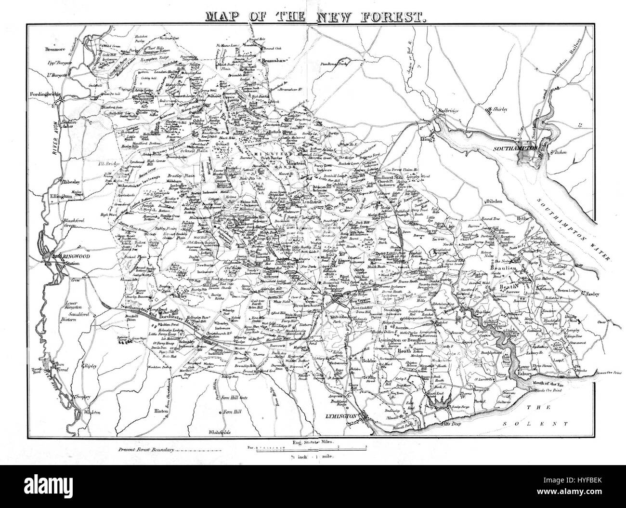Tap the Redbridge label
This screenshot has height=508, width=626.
pos(443,110)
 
